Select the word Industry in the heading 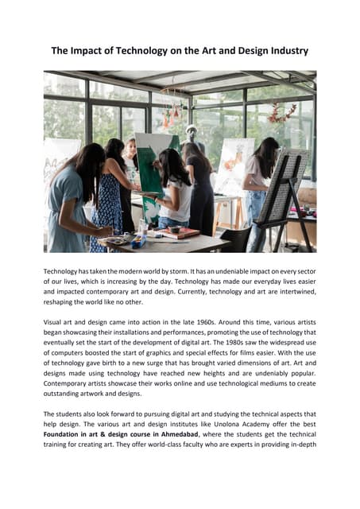[283, 51]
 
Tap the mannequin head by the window [191, 131]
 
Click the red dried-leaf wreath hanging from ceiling [281, 112]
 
